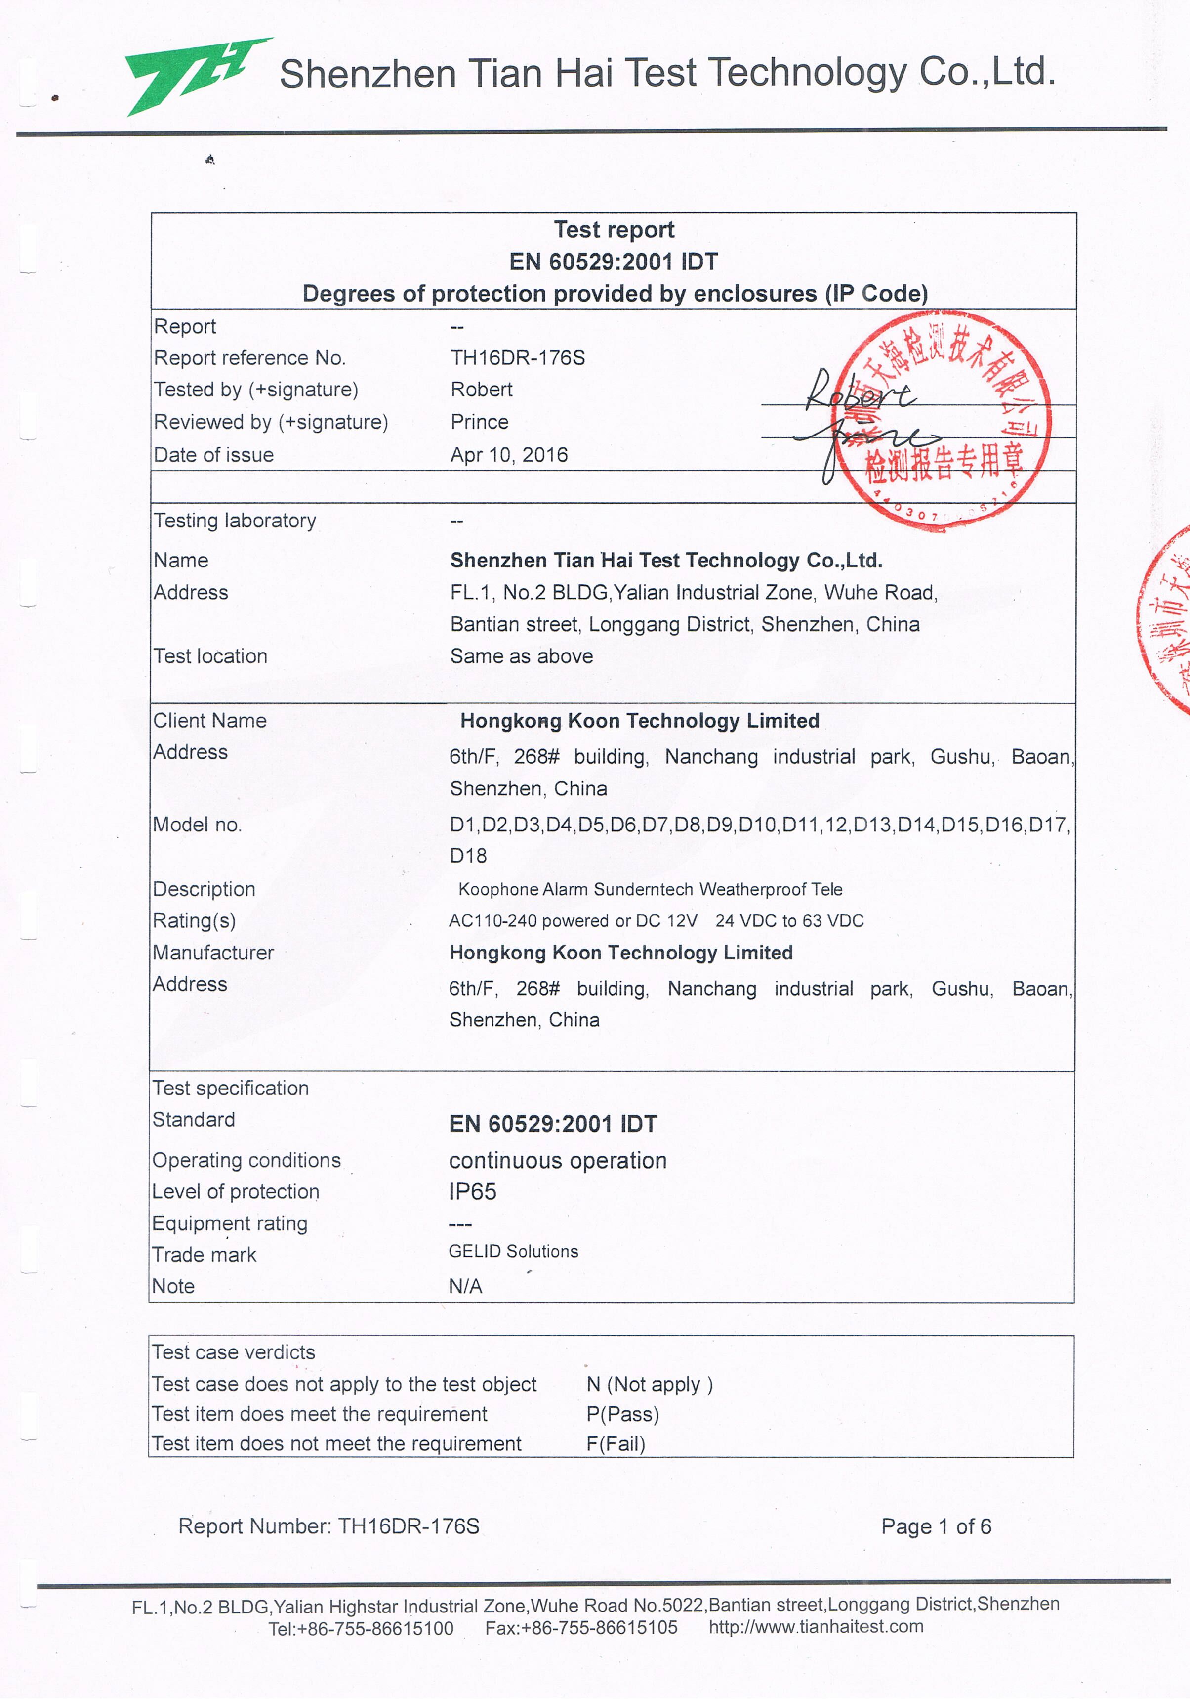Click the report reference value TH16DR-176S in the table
518,358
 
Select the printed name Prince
479,422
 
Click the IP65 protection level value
473,1191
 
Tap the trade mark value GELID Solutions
513,1251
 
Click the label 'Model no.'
198,825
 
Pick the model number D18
468,856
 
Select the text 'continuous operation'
558,1160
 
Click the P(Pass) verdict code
623,1414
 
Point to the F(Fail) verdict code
616,1444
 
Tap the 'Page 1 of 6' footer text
936,1526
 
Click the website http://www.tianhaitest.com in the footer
816,1626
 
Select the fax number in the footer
581,1628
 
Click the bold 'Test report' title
614,230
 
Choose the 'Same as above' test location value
522,656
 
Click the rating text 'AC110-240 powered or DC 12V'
573,920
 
